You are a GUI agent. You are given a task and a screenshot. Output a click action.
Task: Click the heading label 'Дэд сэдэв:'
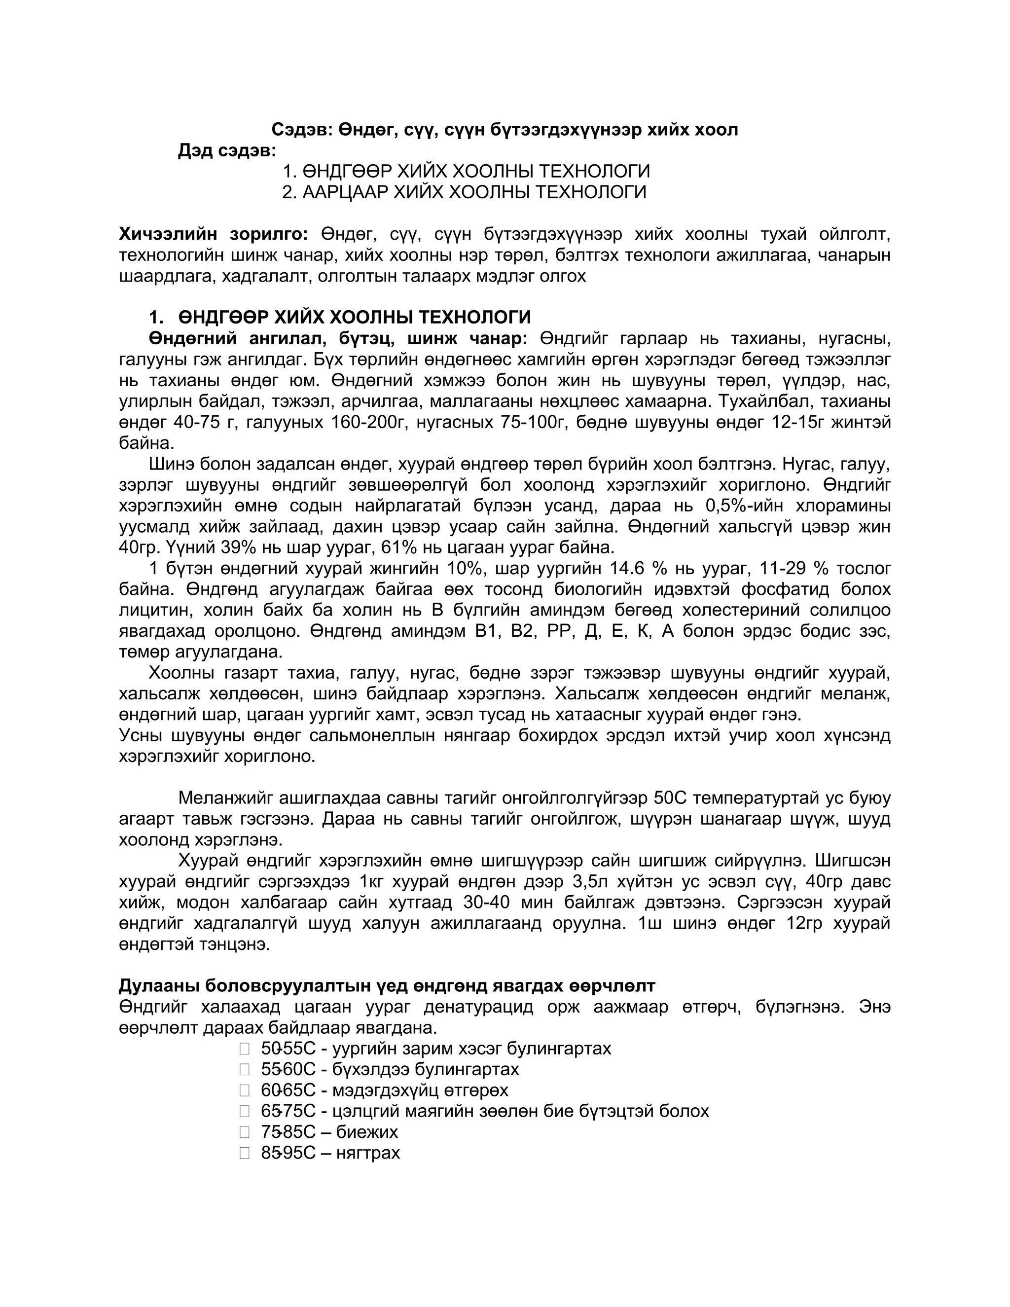227,151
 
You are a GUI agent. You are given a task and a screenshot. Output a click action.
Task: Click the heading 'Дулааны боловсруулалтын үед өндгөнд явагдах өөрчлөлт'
387,985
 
